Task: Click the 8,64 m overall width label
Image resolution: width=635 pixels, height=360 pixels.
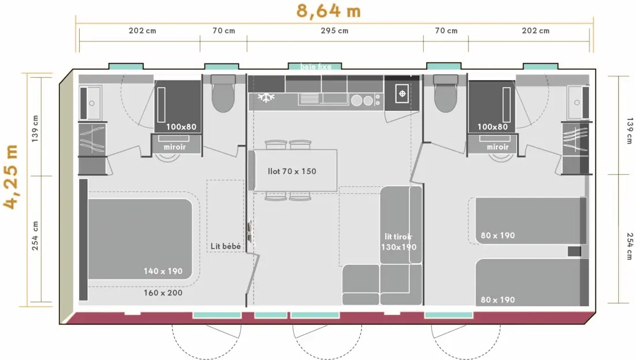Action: click(328, 11)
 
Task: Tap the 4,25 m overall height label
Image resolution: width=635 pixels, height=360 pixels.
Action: click(11, 177)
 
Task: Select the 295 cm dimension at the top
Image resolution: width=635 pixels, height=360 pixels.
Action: click(334, 31)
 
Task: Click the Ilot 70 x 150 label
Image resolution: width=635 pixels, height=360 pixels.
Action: click(292, 171)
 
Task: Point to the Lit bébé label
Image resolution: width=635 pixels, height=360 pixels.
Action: click(226, 246)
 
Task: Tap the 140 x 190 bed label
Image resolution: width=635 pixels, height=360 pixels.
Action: click(163, 271)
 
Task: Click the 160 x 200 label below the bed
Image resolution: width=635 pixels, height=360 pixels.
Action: click(163, 292)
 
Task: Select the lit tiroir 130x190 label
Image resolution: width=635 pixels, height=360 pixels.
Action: click(398, 242)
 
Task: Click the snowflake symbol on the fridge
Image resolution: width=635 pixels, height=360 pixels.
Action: click(266, 97)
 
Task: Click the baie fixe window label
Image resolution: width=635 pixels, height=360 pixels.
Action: click(315, 67)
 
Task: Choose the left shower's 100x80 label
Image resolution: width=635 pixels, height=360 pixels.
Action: click(181, 127)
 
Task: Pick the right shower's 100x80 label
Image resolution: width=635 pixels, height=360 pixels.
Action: click(492, 127)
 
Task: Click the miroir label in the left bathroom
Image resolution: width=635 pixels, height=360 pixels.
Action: click(175, 147)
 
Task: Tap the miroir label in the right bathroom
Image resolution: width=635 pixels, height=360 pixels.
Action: click(498, 147)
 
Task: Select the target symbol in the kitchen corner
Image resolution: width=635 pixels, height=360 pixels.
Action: click(402, 94)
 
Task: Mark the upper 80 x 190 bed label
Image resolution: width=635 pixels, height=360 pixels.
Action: click(498, 236)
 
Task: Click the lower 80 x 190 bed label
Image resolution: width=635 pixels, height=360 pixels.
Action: click(498, 300)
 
